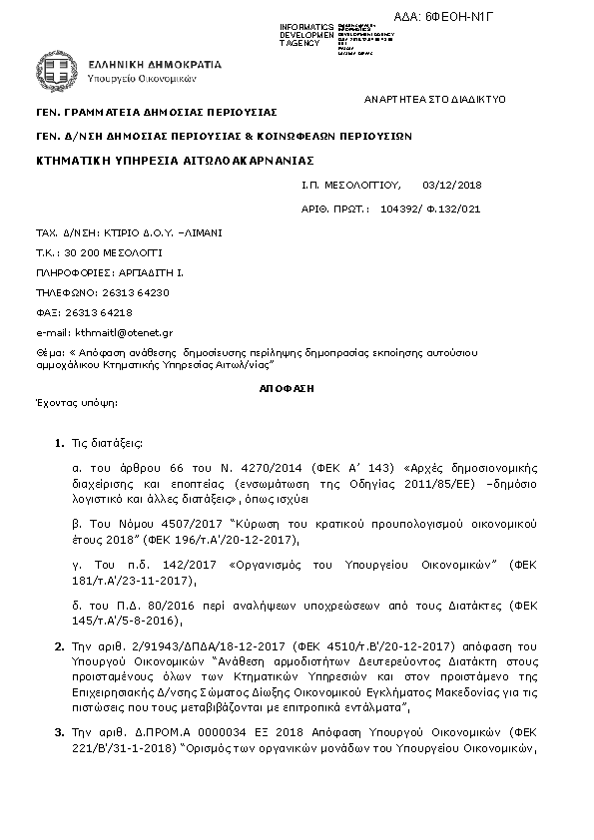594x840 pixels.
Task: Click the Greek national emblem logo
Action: point(57,70)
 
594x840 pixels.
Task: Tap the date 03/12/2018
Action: point(452,185)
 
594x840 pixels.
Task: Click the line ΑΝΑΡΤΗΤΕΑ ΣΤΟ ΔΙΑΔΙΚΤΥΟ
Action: point(435,100)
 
